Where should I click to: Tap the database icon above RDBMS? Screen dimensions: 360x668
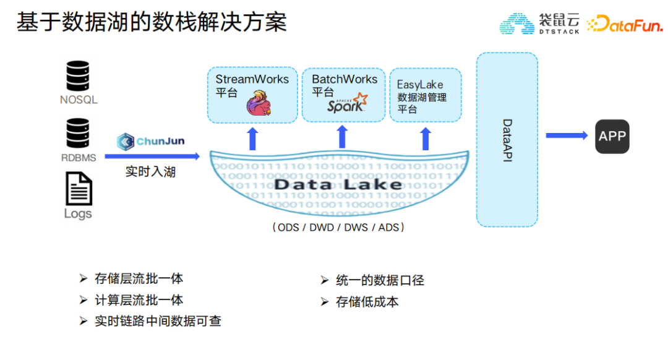click(79, 134)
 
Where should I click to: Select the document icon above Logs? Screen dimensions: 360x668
click(79, 188)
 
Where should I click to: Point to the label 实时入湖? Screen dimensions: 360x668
click(150, 171)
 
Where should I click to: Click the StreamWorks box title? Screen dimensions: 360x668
click(252, 79)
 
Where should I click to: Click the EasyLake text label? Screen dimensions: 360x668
click(420, 85)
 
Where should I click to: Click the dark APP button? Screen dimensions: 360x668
click(612, 136)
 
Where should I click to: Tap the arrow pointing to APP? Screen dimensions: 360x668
click(566, 135)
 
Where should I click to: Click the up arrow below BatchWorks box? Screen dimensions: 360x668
click(342, 139)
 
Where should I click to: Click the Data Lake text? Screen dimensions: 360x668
click(338, 184)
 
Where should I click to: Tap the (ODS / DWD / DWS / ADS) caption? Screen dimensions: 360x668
click(338, 228)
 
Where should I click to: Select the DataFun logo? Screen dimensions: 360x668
click(624, 25)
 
